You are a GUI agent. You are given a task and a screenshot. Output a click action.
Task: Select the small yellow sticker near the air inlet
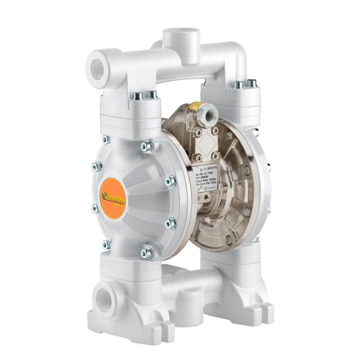(x=195, y=105)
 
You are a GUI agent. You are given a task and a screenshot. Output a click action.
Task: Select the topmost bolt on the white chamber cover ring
(x=147, y=146)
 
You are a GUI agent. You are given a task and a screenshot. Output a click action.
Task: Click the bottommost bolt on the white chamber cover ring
(x=146, y=253)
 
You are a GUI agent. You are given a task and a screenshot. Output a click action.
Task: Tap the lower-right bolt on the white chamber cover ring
(x=170, y=223)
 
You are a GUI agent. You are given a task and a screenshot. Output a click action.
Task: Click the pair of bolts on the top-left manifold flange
(x=144, y=96)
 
